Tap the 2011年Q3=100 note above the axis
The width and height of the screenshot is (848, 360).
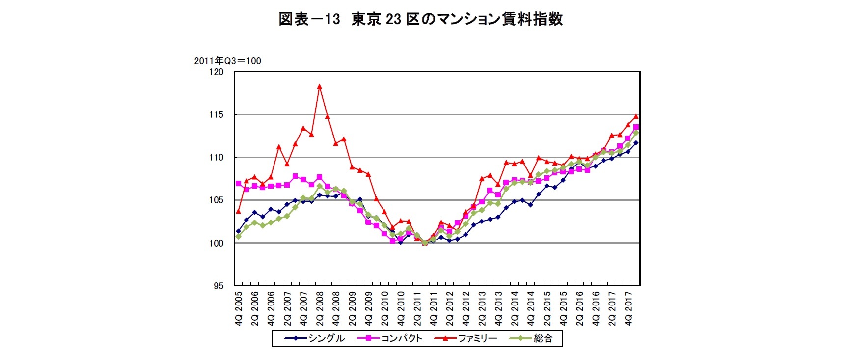tap(227, 61)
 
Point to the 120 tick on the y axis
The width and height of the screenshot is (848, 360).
tap(216, 72)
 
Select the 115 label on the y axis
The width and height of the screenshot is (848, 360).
tap(216, 115)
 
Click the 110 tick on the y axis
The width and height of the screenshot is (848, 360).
tap(216, 158)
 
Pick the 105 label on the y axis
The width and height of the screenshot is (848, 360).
tap(216, 200)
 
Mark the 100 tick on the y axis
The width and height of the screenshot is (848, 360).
tap(216, 243)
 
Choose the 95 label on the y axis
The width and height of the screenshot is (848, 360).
tap(218, 286)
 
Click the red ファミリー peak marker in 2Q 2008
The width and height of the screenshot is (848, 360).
tap(320, 87)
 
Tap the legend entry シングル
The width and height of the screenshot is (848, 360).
tap(315, 338)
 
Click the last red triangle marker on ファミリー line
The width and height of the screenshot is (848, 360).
tap(636, 116)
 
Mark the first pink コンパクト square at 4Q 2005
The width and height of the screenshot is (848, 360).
tap(239, 183)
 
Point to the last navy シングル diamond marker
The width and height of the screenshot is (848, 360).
tap(636, 143)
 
